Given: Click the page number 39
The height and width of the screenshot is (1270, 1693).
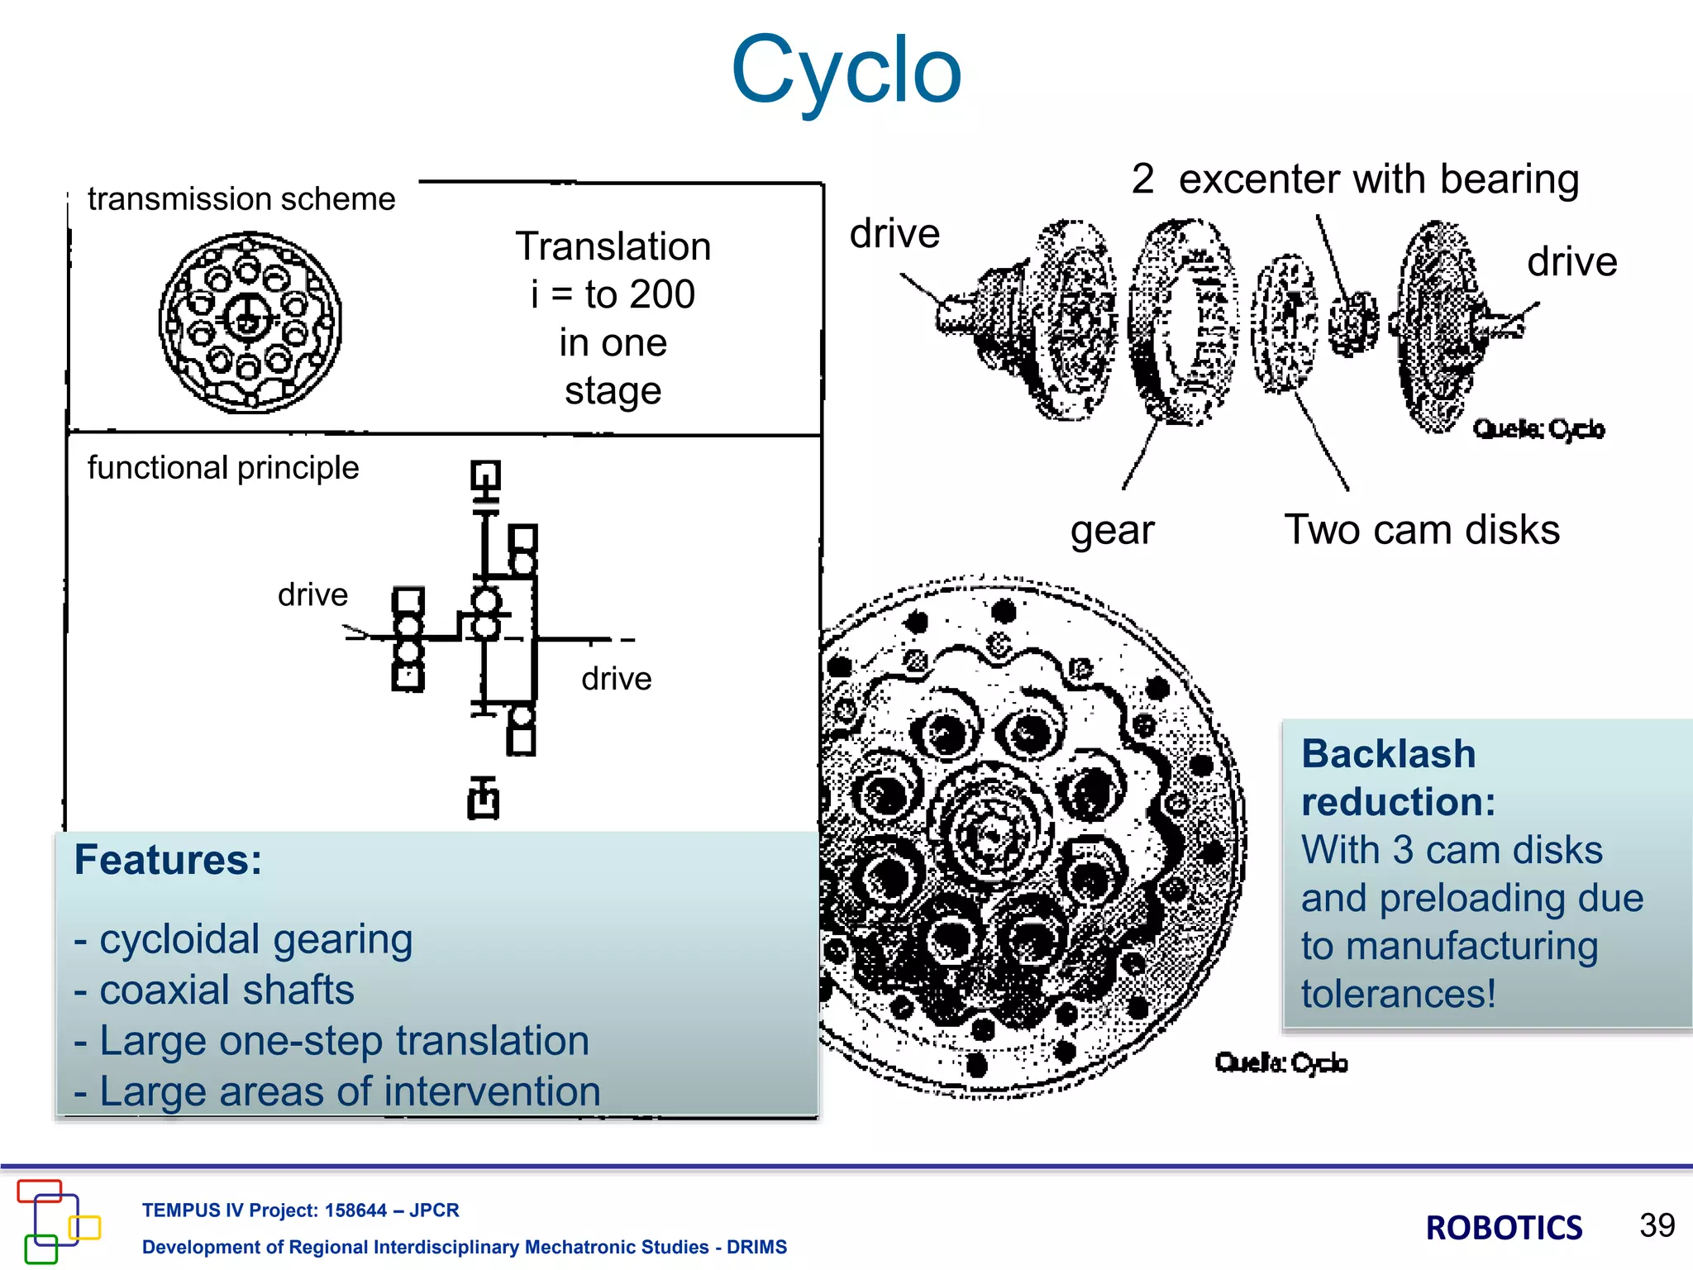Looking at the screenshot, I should [1657, 1225].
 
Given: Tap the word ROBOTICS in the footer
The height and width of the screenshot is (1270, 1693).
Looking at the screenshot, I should [1504, 1228].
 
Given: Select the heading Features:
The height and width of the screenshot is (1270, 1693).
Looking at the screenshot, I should [168, 860].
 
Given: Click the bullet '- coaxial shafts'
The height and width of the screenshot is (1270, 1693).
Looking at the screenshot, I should [214, 990].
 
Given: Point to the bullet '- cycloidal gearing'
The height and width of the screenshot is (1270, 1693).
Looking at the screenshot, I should [244, 939].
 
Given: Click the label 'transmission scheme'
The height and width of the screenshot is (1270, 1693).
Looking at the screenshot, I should [241, 199].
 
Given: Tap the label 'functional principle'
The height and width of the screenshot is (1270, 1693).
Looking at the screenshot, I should [223, 468].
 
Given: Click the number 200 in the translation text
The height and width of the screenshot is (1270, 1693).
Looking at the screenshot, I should [661, 294].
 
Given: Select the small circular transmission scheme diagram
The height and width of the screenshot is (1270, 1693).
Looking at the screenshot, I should [250, 322].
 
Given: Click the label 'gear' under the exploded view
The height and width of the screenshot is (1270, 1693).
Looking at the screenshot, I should [1112, 530].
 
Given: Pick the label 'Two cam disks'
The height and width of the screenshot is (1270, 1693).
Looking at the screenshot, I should [1422, 529].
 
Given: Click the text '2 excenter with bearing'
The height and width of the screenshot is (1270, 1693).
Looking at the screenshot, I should [1356, 179].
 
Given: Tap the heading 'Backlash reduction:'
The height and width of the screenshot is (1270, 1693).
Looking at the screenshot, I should [1397, 777].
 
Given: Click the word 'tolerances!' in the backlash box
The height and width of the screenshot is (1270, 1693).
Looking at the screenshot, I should [1399, 993].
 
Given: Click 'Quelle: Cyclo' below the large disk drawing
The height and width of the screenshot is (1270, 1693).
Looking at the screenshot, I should [1280, 1062].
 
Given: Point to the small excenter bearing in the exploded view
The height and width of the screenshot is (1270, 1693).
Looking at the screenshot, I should [1352, 323].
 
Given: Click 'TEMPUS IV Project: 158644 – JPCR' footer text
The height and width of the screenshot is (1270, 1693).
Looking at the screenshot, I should [300, 1210].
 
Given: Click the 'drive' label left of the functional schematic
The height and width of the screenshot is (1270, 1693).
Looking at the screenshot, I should [312, 594].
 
